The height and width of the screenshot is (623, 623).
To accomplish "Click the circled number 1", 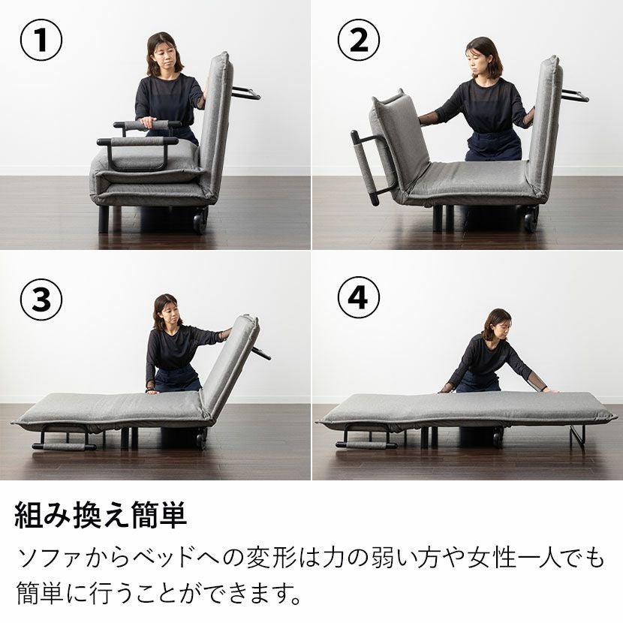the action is (x=41, y=40).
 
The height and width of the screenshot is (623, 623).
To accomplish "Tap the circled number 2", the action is (x=359, y=40).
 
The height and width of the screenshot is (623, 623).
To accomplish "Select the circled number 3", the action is (x=41, y=299).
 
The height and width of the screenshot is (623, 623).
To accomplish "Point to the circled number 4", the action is (x=359, y=297).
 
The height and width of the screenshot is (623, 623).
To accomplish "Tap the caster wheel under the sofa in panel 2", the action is (x=531, y=221).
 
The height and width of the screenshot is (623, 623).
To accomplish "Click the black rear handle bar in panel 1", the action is (x=245, y=93).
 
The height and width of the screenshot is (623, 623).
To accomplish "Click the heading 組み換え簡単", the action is (x=101, y=516).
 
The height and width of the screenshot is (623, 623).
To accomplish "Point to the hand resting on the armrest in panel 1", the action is (x=148, y=122).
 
